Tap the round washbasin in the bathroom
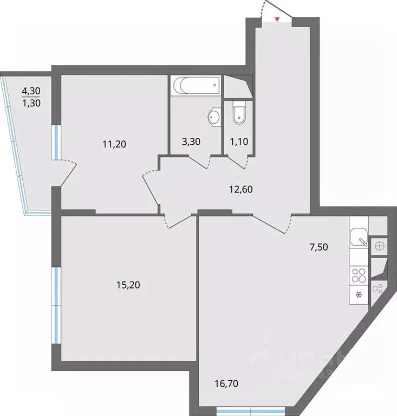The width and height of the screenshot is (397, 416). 214,117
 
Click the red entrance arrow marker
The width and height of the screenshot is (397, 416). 277,20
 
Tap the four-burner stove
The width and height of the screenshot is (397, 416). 358,275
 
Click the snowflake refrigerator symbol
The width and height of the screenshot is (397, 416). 358,296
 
